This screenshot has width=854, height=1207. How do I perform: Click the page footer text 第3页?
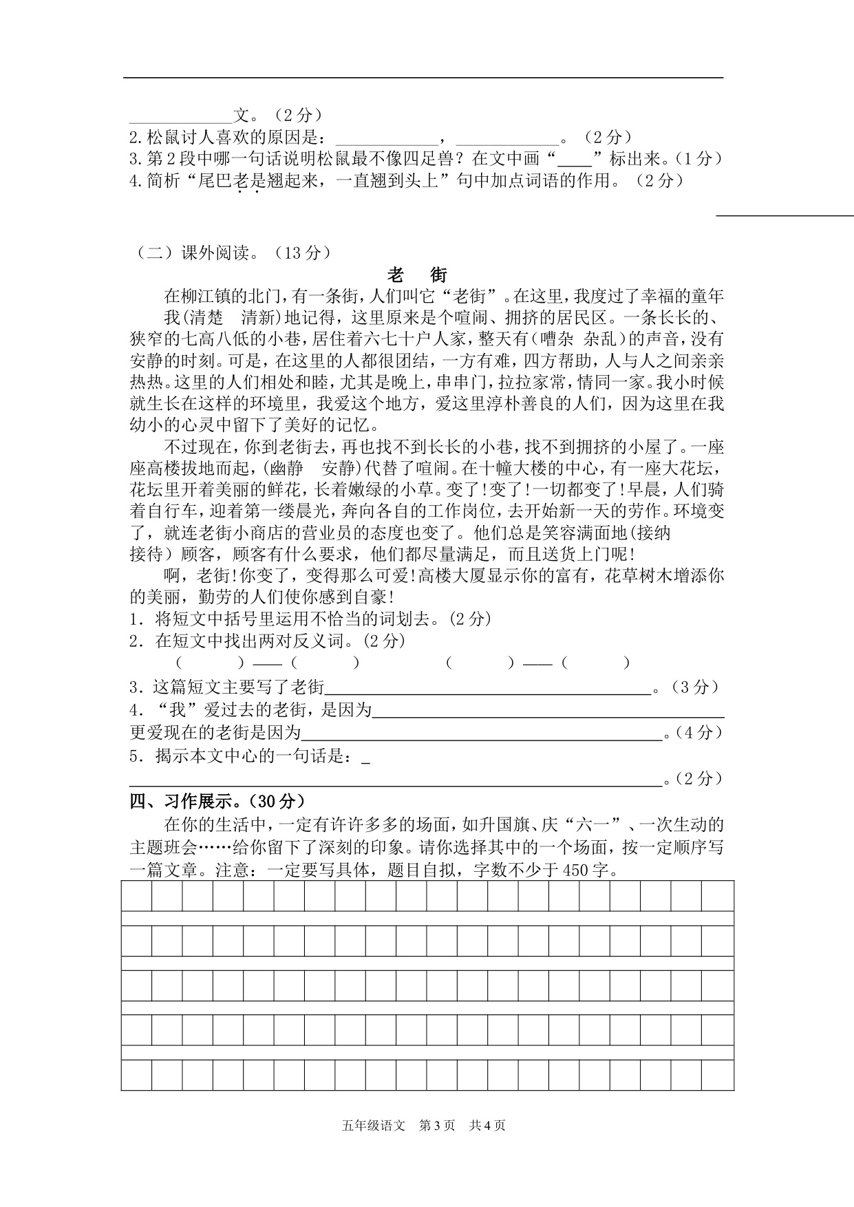point(436,1126)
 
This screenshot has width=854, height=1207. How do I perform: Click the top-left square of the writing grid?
point(136,896)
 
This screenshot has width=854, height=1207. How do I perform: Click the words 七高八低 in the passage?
point(224,339)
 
